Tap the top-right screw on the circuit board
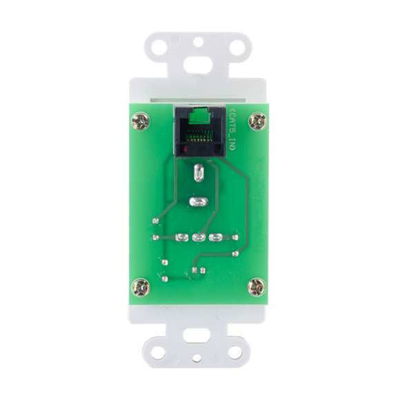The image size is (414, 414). [x=257, y=121]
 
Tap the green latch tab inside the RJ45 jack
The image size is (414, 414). [x=199, y=113]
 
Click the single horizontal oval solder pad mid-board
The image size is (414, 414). [x=197, y=202]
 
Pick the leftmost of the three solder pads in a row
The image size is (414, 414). [x=182, y=238]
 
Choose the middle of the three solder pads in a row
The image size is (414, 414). [x=199, y=238]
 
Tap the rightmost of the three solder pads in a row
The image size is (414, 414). [x=215, y=238]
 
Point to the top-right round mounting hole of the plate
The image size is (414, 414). [x=237, y=48]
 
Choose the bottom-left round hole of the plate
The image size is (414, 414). [x=159, y=352]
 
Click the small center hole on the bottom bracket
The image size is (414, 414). [x=198, y=359]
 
